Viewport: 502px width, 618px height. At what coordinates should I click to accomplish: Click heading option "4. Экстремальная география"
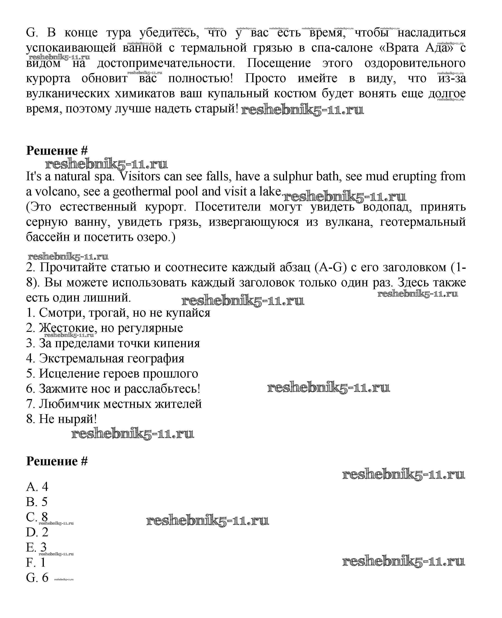105,358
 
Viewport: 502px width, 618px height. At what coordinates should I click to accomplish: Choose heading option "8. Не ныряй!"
61,419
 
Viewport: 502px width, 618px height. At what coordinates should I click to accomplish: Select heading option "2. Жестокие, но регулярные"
104,328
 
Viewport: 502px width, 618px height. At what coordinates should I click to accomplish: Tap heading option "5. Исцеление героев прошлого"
112,373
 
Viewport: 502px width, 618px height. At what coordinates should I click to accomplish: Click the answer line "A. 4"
37,487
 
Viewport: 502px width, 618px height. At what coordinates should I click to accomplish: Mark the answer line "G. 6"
37,578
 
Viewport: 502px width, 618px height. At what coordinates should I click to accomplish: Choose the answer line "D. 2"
37,532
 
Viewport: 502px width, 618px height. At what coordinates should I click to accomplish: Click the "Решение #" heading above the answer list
57,461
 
